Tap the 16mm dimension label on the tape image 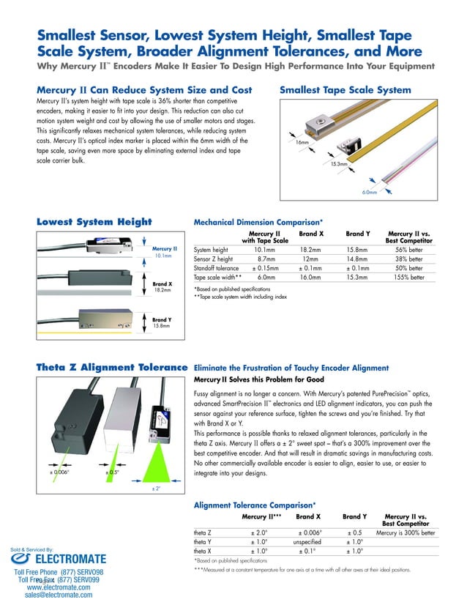(302, 142)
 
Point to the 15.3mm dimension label (338, 164)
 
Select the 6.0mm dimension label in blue (370, 193)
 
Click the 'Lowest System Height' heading (94, 222)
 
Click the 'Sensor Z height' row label (213, 259)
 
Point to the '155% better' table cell (408, 278)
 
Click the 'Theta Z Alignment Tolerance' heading (112, 368)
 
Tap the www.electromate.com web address (58, 587)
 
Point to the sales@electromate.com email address (58, 596)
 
